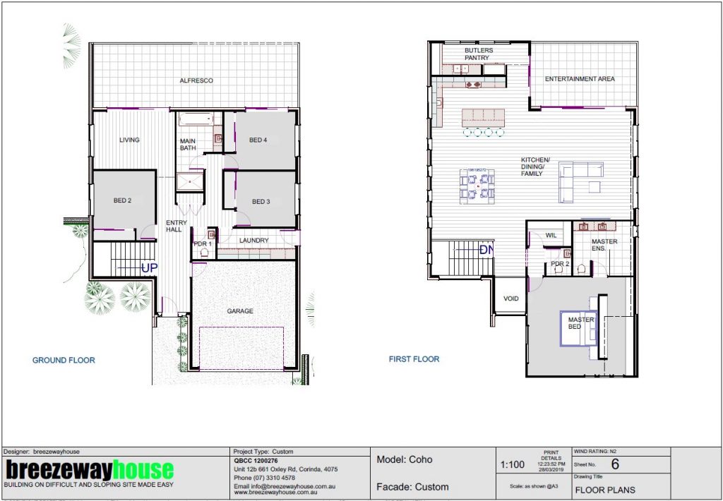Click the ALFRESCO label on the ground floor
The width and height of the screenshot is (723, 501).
[196, 81]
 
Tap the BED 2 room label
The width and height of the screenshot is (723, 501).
[123, 201]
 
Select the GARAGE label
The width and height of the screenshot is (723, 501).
[240, 311]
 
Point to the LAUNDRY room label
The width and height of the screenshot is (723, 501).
[253, 241]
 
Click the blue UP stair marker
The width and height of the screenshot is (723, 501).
[149, 267]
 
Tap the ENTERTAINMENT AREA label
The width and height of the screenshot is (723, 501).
[580, 79]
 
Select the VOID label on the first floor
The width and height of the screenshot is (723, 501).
[510, 299]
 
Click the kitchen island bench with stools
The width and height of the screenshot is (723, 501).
[484, 119]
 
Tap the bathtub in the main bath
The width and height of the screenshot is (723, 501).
[195, 119]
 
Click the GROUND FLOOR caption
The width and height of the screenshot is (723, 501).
[64, 361]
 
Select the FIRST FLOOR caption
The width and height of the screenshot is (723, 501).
[414, 359]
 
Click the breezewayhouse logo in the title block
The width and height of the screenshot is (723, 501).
[89, 470]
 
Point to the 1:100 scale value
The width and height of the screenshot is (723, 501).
[512, 465]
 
